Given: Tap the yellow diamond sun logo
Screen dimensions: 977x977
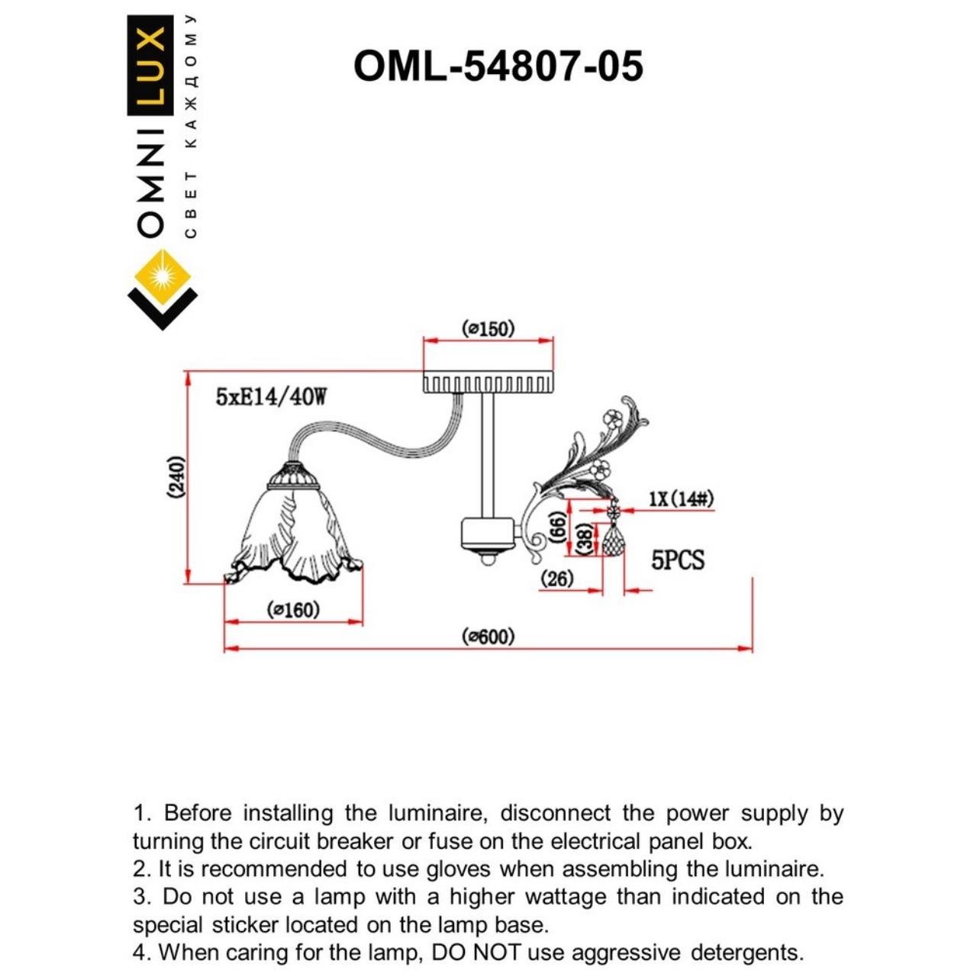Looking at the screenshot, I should (162, 274).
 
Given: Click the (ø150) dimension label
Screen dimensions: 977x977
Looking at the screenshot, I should (488, 328).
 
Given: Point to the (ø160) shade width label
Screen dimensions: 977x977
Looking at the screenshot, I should (293, 610).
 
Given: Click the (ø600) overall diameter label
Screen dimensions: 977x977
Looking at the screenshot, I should (488, 636).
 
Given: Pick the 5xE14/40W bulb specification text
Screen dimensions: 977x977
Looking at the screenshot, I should (271, 397).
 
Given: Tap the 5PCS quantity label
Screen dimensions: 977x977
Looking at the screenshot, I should (677, 560).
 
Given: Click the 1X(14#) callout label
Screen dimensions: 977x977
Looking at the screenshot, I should (681, 499).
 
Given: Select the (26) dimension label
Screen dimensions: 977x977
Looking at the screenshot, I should (556, 579).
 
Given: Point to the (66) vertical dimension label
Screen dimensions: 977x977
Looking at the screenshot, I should (558, 526).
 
